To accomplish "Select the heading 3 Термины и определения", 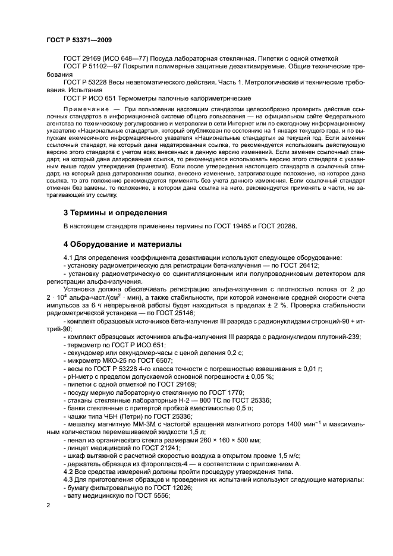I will click(115, 212).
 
